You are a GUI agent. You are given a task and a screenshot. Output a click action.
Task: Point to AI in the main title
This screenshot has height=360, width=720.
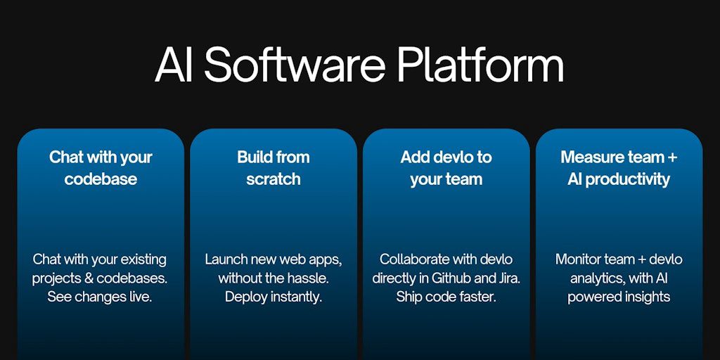tap(174, 66)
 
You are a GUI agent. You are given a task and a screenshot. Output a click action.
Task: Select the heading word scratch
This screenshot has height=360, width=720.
tap(274, 179)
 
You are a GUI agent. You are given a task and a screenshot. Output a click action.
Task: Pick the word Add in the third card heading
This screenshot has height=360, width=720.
tap(415, 157)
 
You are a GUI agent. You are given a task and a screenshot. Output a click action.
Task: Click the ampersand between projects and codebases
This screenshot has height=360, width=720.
tap(89, 278)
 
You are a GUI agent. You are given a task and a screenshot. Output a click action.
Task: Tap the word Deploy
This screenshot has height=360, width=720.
tap(245, 297)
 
